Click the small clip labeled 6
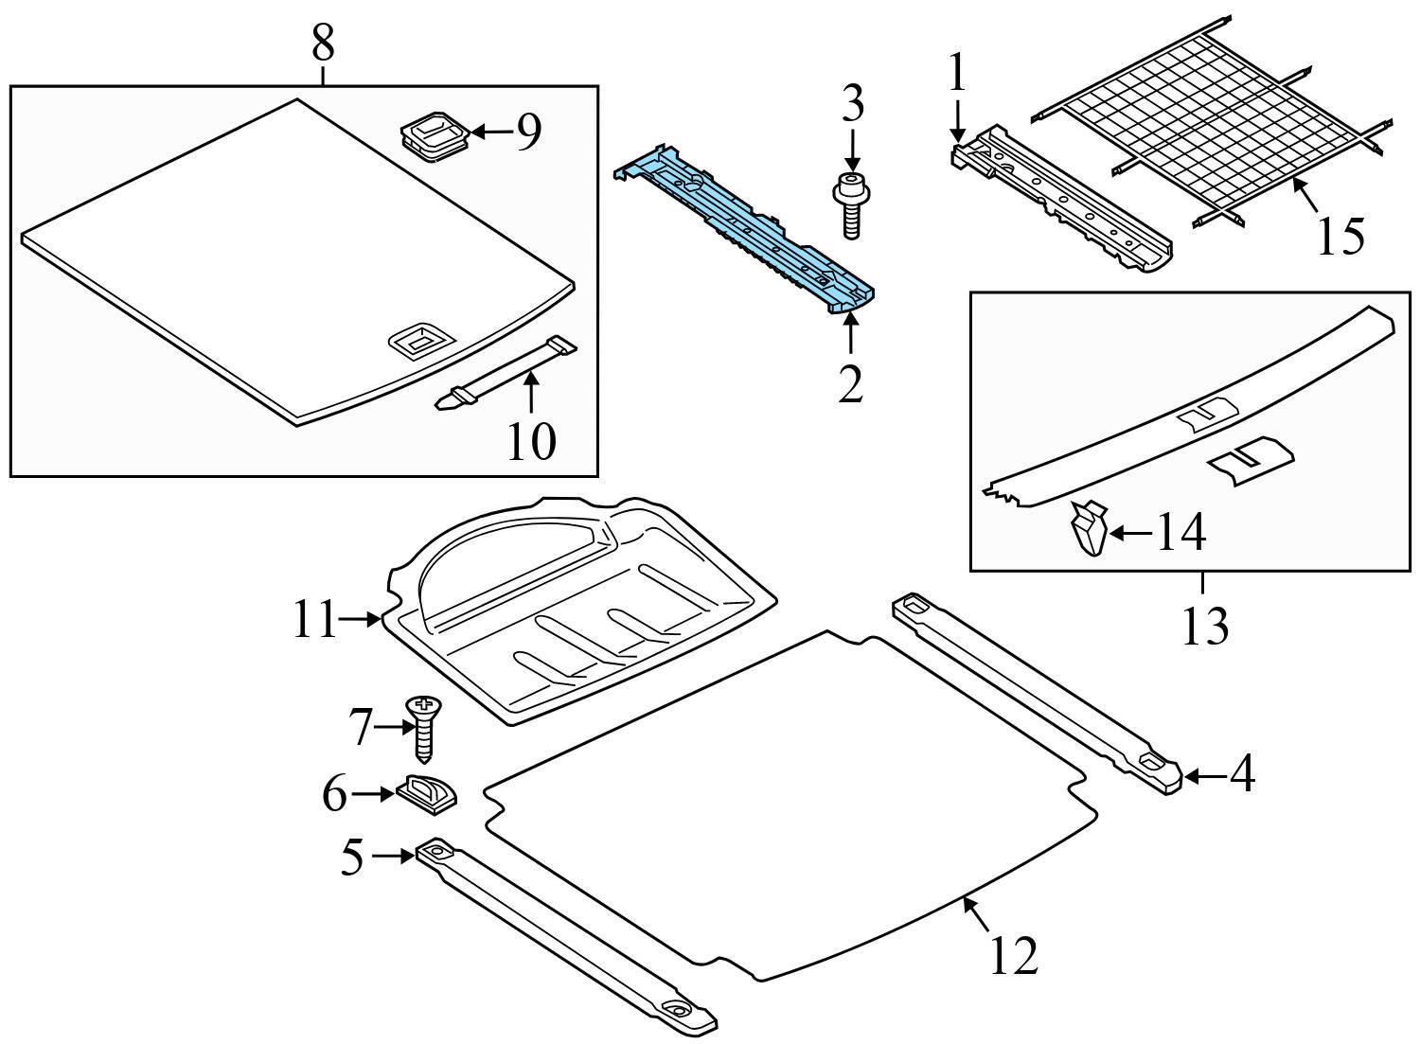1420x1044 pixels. tap(426, 791)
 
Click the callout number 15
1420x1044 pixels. tap(1340, 236)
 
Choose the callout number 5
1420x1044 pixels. tap(351, 858)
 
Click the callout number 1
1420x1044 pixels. tap(958, 74)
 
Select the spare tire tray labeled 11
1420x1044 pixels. tap(577, 615)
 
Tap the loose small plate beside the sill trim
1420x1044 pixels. tap(1250, 460)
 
